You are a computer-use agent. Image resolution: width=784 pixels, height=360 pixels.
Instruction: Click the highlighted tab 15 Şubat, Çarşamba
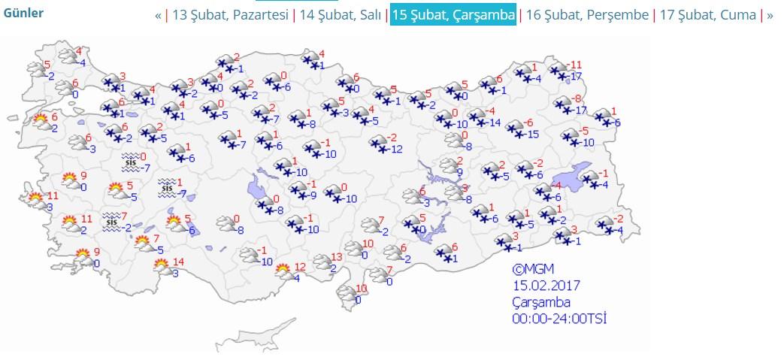point(453,15)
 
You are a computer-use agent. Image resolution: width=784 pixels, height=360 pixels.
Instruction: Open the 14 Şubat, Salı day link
point(340,15)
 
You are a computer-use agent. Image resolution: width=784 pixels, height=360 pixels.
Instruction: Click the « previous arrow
point(159,15)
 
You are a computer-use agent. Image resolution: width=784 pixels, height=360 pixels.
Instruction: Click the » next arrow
point(770,15)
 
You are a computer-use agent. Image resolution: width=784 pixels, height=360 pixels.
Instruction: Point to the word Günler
point(23,13)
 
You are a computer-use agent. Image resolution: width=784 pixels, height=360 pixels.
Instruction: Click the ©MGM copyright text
point(533,269)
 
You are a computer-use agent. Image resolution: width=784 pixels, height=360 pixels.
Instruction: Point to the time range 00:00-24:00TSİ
point(559,319)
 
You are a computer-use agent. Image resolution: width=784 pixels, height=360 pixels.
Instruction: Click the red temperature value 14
point(177,262)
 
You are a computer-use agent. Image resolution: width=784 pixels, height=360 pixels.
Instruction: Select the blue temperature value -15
point(532,135)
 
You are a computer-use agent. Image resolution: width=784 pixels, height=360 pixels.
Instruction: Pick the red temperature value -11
point(576,65)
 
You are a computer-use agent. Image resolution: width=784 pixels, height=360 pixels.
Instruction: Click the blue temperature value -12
point(396,149)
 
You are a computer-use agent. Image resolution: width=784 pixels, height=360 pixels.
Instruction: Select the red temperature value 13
point(336,257)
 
